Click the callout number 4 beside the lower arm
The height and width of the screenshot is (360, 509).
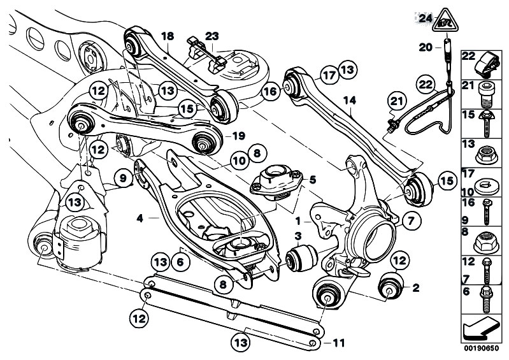coord(139,218)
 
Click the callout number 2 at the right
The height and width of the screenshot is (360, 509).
coord(415,287)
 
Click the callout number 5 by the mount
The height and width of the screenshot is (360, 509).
coord(312,180)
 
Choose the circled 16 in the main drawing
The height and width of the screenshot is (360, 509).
coord(270,92)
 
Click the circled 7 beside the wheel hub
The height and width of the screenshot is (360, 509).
coord(409,221)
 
